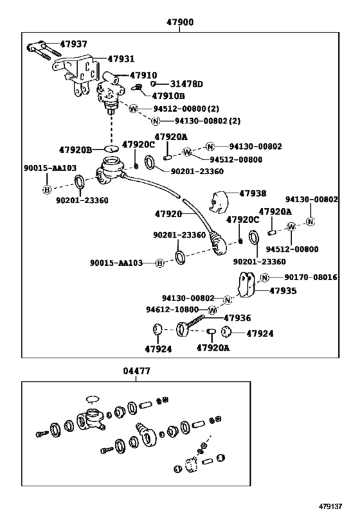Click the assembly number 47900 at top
point(180,22)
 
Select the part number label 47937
point(73,44)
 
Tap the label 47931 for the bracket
point(122,58)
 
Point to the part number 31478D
point(186,84)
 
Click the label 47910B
point(168,96)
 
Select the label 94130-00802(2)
point(208,121)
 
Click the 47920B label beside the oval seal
point(75,150)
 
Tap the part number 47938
point(253,193)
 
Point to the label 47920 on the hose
point(168,214)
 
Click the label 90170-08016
point(310,277)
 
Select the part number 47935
point(283,290)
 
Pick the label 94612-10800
point(172,310)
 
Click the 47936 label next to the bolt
point(237,318)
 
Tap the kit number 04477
point(136,371)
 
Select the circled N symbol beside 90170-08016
point(265,277)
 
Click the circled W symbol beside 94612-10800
point(212,310)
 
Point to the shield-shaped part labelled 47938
point(219,202)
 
